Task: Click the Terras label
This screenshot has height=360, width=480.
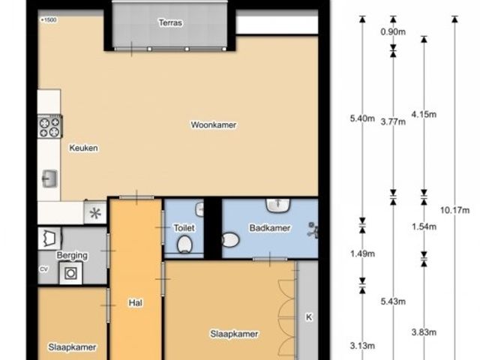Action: tap(170, 22)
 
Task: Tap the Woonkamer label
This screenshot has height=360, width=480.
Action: tap(213, 125)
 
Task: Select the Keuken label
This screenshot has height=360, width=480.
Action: tap(83, 148)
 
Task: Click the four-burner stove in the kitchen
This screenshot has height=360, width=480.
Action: tap(50, 126)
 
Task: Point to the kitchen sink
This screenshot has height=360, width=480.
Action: tap(49, 178)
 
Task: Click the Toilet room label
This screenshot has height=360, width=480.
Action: tap(184, 228)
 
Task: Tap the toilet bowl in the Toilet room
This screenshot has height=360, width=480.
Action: tap(184, 244)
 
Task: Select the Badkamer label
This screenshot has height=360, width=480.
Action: tap(270, 228)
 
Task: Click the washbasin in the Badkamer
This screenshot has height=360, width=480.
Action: tap(278, 205)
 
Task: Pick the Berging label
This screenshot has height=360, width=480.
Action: tap(72, 255)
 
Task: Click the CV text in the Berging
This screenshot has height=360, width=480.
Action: tap(43, 269)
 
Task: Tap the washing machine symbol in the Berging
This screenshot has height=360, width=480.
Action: tap(71, 273)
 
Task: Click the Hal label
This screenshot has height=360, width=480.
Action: tap(135, 303)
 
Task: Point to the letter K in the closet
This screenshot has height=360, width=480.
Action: tap(309, 317)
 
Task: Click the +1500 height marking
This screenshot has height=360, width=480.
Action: tap(48, 20)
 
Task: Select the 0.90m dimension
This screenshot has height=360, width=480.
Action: tap(393, 31)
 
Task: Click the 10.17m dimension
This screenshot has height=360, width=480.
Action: tap(455, 210)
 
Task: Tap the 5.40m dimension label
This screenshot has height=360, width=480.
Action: tap(362, 118)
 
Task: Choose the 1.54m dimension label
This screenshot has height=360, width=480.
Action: tap(424, 226)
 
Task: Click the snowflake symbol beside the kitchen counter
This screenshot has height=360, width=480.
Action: tap(95, 213)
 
